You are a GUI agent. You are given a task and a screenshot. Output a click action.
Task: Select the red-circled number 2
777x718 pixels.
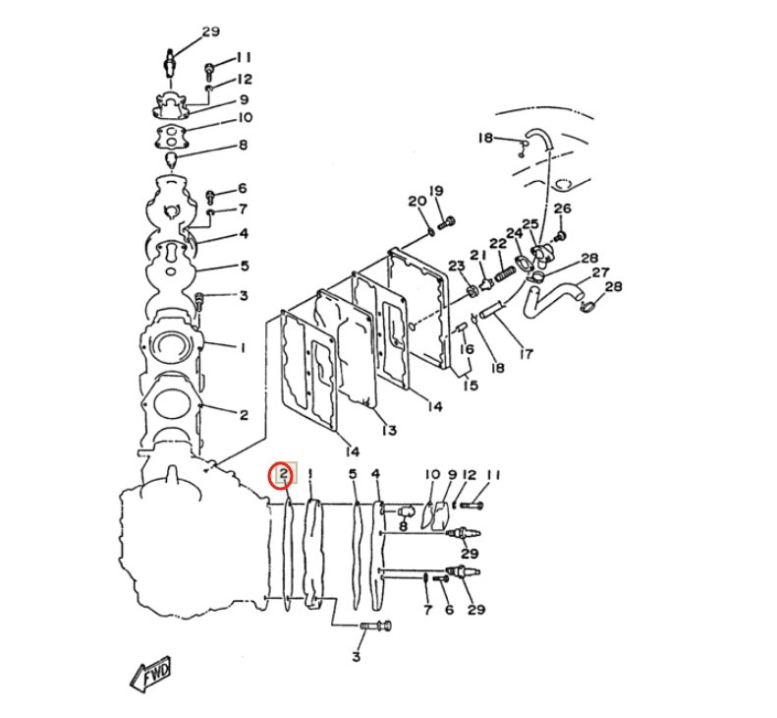click(283, 476)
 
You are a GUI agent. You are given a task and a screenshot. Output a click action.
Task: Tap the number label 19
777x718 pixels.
click(436, 191)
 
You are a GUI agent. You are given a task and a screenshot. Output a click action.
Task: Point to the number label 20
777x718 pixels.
click(416, 202)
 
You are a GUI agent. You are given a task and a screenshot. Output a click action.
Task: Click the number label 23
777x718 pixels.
click(457, 267)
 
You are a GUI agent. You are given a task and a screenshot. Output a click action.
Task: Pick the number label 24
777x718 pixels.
click(514, 233)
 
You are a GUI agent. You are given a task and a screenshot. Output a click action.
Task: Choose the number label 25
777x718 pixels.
click(530, 224)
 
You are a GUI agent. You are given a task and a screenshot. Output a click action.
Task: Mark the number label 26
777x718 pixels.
click(562, 209)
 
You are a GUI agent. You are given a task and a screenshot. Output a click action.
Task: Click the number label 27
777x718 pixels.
click(600, 272)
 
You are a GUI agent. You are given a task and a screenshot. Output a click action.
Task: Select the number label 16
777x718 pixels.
click(467, 349)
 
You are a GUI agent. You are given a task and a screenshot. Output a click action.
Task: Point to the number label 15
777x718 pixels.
click(471, 386)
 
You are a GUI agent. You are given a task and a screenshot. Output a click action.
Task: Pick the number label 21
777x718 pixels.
click(478, 256)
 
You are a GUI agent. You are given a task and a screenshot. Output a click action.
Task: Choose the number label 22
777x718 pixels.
click(498, 244)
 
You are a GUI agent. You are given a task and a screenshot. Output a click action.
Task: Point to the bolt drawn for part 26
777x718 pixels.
click(560, 235)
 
